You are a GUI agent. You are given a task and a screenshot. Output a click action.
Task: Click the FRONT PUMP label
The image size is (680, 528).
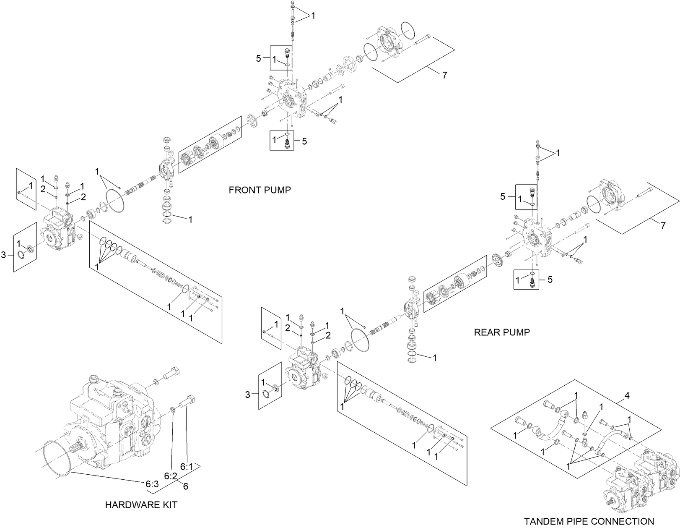(260, 190)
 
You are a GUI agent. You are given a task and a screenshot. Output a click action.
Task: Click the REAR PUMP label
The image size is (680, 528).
(501, 332)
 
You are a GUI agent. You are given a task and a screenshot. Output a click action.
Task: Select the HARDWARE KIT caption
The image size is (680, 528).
(141, 504)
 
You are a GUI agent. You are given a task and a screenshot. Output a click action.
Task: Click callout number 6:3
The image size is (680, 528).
(152, 484)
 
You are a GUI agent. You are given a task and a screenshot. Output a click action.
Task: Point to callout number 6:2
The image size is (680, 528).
(170, 476)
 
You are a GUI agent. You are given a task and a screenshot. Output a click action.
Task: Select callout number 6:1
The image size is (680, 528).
(186, 466)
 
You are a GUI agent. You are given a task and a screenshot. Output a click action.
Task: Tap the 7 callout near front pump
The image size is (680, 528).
(444, 75)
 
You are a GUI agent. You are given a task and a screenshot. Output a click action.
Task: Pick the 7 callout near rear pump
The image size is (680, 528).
(663, 226)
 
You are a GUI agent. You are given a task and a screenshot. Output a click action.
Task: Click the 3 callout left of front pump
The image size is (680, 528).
(4, 255)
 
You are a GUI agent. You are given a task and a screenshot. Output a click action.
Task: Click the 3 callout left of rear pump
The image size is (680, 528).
(248, 395)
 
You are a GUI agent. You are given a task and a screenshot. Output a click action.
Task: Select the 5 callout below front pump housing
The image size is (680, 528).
(304, 141)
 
